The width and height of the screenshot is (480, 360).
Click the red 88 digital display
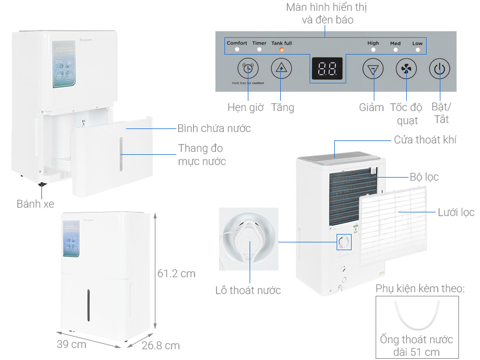click(327, 70)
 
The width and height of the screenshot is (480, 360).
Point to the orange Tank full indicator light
click(281, 50)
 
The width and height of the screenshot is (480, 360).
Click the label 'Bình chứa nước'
click(214, 128)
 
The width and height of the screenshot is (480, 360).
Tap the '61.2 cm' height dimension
click(176, 274)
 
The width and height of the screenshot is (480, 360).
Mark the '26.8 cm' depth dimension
click(160, 346)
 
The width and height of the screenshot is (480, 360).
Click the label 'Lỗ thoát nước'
click(248, 290)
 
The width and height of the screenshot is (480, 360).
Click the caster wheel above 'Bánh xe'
click(41, 186)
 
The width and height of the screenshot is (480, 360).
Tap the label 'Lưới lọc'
click(455, 212)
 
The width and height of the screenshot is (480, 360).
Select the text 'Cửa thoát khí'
click(425, 140)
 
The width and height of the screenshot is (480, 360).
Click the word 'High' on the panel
click(373, 43)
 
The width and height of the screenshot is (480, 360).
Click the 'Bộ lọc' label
click(424, 177)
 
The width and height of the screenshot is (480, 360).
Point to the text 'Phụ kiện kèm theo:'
click(420, 289)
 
